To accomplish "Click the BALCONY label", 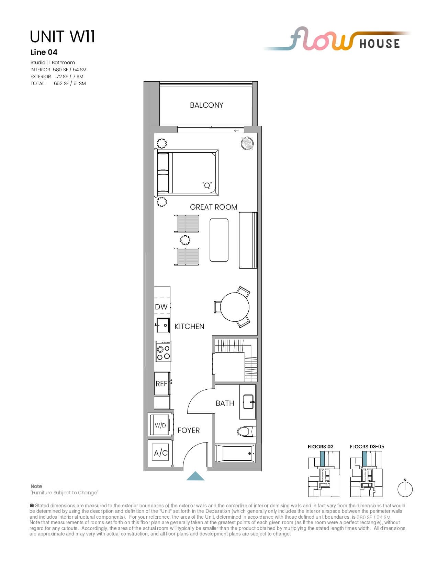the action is [206, 105].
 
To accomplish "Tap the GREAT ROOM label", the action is [213, 207].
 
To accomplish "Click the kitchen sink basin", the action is [163, 325].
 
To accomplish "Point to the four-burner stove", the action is [163, 351].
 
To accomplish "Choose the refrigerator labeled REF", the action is [162, 384].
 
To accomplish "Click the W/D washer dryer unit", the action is [160, 425].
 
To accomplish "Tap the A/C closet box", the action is [160, 453].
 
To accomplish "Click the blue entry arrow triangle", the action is [195, 476].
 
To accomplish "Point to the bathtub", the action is [235, 453].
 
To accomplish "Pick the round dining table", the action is [235, 307].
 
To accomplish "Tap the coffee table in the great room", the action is [219, 240].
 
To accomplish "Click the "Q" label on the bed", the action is [207, 185].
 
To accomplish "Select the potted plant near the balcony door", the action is [247, 143].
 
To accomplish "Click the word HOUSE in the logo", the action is [380, 44].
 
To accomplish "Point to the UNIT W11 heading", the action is [62, 36].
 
